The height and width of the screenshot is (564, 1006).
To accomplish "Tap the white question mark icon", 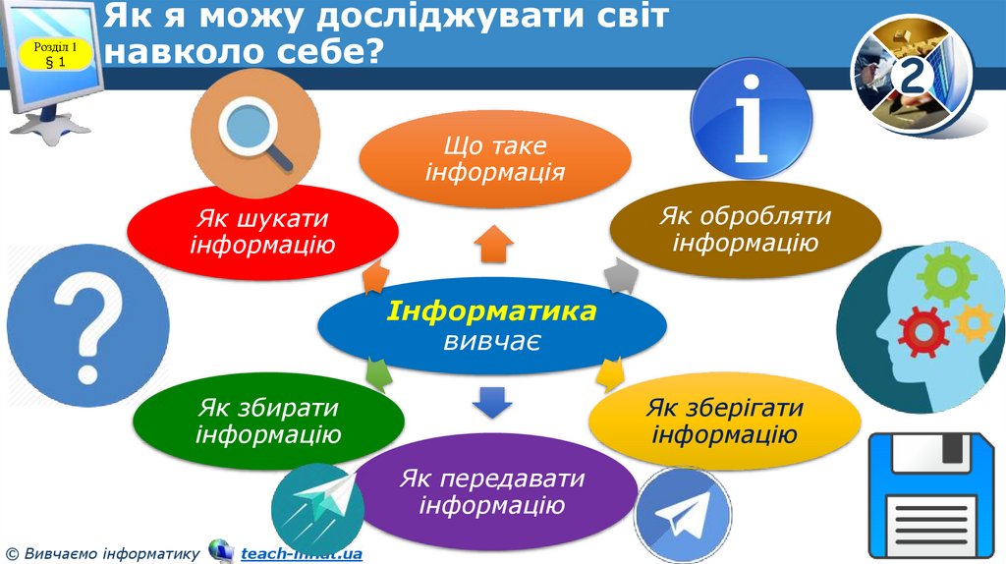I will (73, 311).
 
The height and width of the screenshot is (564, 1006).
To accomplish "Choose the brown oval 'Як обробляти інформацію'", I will (746, 228).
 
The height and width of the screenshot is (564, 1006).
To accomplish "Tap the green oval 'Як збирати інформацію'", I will (267, 420).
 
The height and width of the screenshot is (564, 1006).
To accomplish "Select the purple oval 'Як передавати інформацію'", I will (491, 492).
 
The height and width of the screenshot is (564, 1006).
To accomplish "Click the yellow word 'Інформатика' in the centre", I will (491, 312).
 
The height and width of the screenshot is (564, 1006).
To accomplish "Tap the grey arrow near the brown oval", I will (618, 277).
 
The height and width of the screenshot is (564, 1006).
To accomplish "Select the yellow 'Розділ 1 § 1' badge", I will (55, 55).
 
